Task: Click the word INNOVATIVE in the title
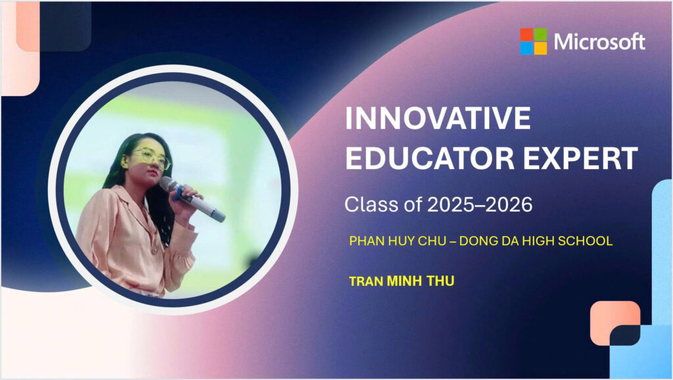[438, 118]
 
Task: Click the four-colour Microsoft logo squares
[534, 41]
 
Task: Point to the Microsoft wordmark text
[599, 41]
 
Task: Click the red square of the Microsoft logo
[526, 34]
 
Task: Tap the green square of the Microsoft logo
[541, 34]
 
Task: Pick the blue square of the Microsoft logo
[526, 49]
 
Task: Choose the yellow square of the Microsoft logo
[541, 49]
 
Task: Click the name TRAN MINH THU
[402, 281]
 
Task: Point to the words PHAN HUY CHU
[398, 241]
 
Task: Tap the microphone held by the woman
[192, 199]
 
